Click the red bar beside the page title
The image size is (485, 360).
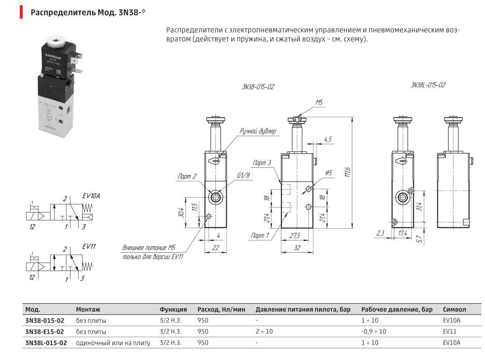(21, 12)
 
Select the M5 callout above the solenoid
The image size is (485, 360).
(319, 102)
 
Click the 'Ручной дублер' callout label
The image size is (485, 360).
(258, 131)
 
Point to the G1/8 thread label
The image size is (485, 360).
(243, 175)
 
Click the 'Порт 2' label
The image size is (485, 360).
(187, 176)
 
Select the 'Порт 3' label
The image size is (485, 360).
(261, 162)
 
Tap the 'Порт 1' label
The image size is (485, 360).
(260, 235)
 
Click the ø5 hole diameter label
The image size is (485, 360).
(328, 172)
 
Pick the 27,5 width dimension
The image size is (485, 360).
(295, 236)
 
